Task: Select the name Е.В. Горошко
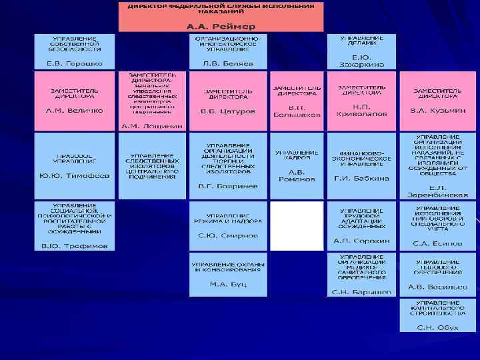click(x=74, y=63)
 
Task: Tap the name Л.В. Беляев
click(x=229, y=63)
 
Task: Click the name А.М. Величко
click(x=74, y=110)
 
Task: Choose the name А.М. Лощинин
click(x=151, y=126)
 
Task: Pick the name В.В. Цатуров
click(x=229, y=111)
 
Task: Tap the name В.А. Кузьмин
click(x=437, y=110)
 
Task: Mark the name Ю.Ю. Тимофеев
click(x=74, y=176)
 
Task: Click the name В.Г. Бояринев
click(x=229, y=186)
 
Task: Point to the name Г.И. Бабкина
click(x=361, y=178)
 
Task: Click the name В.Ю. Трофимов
click(x=74, y=246)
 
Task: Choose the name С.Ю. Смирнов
click(x=229, y=235)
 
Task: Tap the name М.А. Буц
click(x=229, y=284)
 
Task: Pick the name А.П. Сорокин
click(x=361, y=241)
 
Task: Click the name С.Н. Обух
click(x=437, y=327)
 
